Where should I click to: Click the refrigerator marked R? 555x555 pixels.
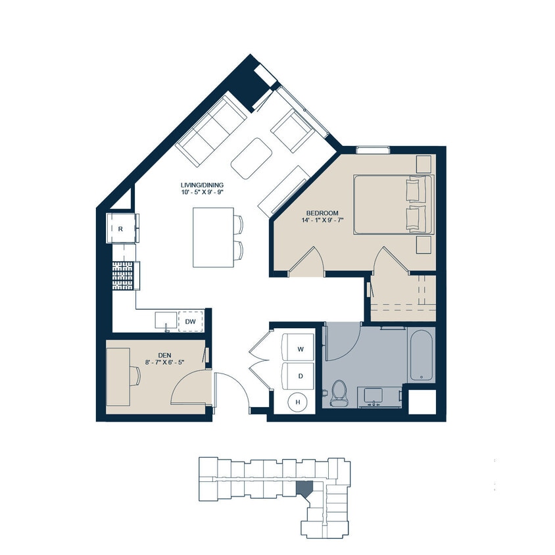click(x=122, y=229)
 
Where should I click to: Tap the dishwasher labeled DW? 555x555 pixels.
click(x=191, y=321)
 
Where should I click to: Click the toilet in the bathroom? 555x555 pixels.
click(x=339, y=393)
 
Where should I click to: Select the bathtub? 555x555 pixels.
click(x=420, y=355)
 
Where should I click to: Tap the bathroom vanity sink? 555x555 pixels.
click(x=374, y=397)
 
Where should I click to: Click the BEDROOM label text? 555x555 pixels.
click(x=322, y=213)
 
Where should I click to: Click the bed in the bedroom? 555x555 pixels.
click(x=393, y=204)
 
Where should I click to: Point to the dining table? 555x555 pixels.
click(x=213, y=237)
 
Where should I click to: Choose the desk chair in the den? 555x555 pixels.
click(x=135, y=375)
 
